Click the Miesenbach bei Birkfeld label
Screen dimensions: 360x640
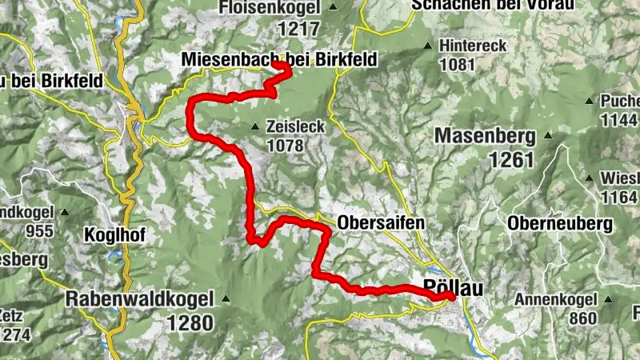click(x=278, y=59)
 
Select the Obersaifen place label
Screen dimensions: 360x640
click(x=380, y=222)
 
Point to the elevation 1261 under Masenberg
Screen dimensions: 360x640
click(x=507, y=159)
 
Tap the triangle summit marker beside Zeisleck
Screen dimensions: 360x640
click(x=254, y=126)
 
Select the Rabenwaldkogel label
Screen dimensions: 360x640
click(x=140, y=299)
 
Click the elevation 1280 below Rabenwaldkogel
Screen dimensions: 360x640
click(x=191, y=322)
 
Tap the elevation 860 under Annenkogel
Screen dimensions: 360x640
click(x=583, y=318)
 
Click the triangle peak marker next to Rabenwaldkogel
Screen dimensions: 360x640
click(x=226, y=299)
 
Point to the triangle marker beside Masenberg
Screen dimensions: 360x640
click(x=548, y=135)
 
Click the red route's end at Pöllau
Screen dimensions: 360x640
click(x=451, y=297)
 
